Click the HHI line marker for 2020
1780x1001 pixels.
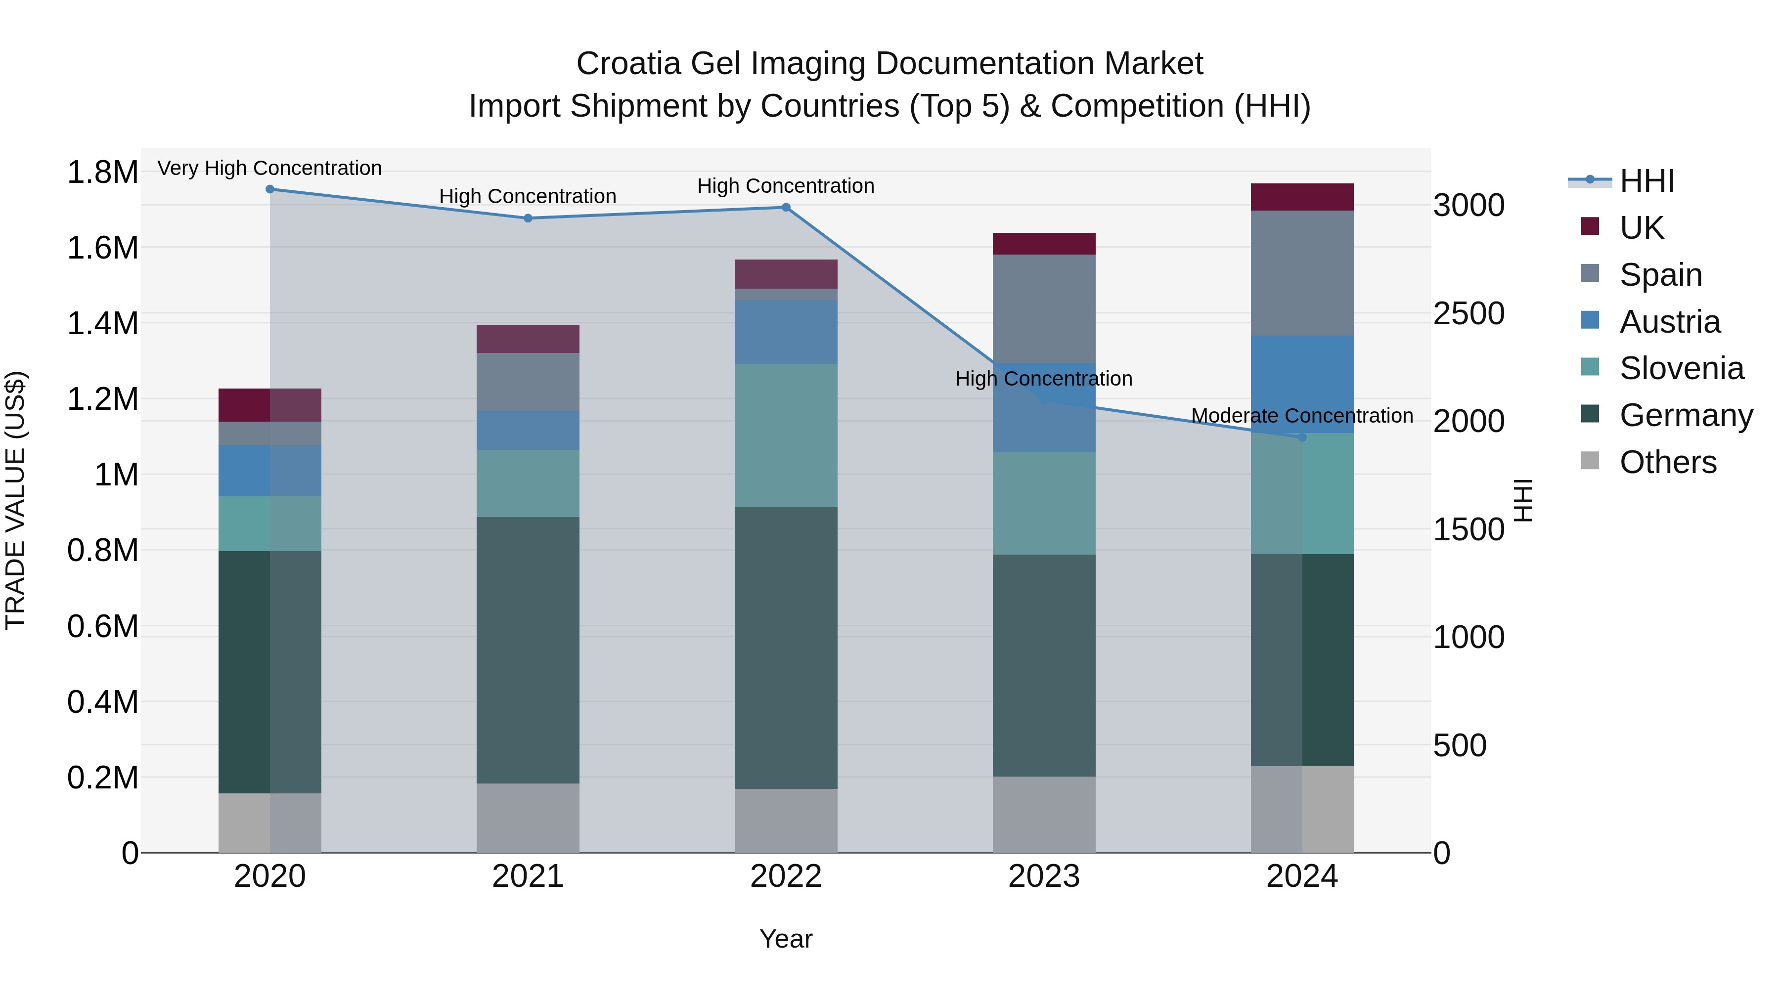click(270, 189)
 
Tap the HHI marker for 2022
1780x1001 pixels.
click(786, 207)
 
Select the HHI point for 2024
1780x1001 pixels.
click(1302, 437)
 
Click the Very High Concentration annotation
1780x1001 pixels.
click(269, 168)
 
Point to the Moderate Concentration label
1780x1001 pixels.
click(1302, 416)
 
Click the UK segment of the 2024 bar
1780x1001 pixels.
click(1302, 197)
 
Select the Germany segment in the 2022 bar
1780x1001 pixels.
click(786, 648)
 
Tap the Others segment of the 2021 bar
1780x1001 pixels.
click(528, 818)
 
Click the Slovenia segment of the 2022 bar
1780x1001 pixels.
click(786, 436)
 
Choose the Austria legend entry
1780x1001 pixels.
click(1669, 322)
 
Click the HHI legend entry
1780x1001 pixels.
click(1646, 181)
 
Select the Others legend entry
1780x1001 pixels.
click(1667, 462)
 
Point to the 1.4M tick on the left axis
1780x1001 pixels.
click(102, 323)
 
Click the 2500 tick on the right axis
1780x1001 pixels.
click(1469, 313)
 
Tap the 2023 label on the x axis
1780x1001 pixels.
click(1044, 876)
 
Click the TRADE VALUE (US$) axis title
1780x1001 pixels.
click(15, 500)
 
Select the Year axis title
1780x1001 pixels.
click(786, 939)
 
